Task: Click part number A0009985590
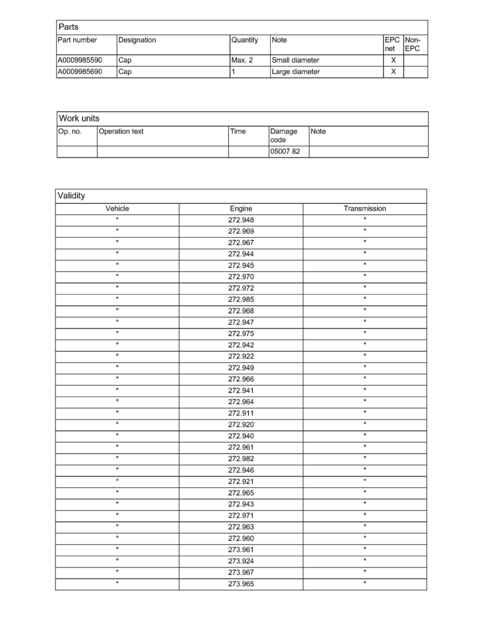(80, 61)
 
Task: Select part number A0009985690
(80, 72)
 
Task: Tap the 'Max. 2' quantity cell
(242, 61)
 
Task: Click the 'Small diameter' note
(295, 61)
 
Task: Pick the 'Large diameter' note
(295, 72)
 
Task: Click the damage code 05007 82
(285, 152)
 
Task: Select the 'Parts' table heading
(69, 27)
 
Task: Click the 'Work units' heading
(79, 119)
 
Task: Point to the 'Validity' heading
(72, 196)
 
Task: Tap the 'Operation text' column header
(121, 132)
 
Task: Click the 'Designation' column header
(137, 40)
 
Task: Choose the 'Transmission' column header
(365, 209)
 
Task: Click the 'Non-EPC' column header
(412, 44)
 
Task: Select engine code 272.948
(241, 220)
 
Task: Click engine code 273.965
(241, 584)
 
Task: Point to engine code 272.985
(241, 299)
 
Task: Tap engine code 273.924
(241, 561)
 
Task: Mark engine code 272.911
(241, 413)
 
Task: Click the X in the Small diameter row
(393, 61)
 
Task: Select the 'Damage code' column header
(284, 135)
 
